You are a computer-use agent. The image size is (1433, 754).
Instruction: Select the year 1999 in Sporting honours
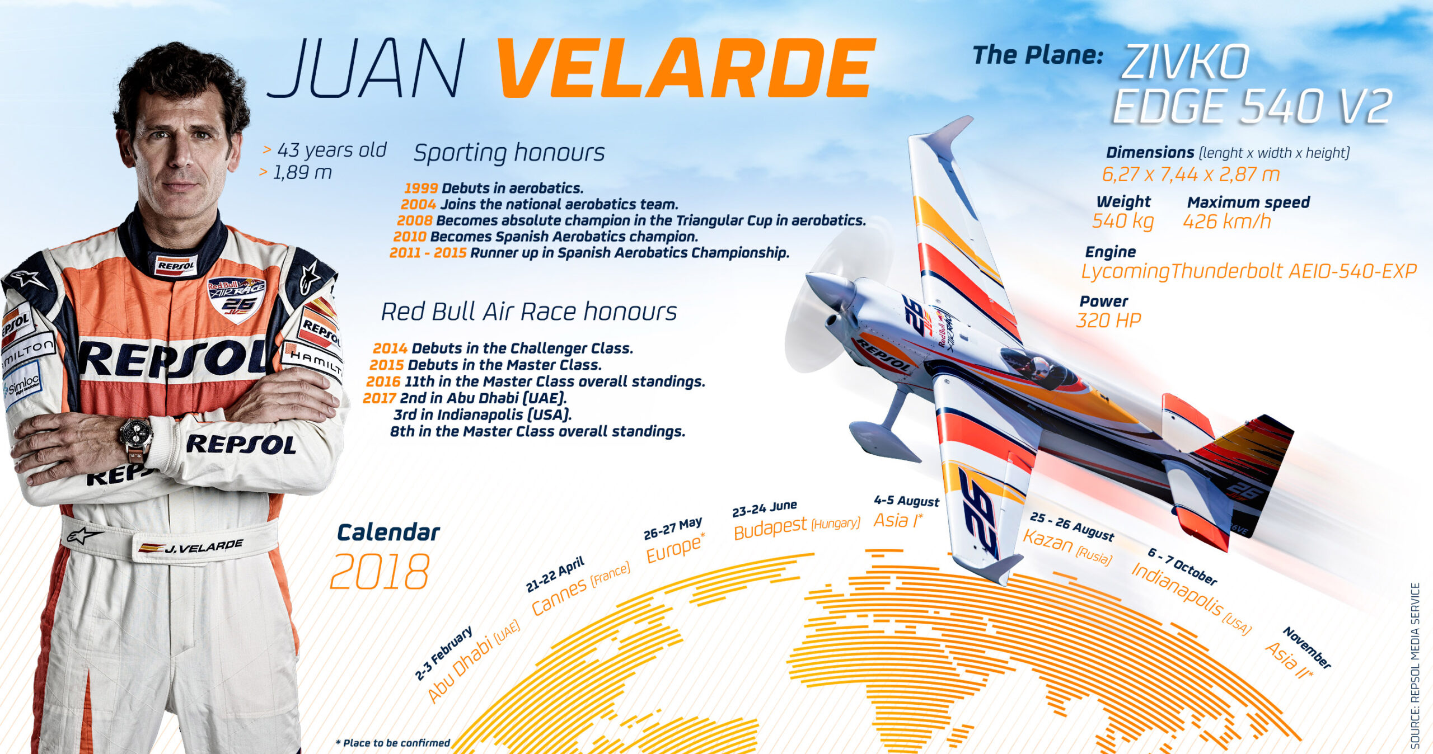pos(421,188)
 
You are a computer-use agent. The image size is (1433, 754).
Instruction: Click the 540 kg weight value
pos(1123,221)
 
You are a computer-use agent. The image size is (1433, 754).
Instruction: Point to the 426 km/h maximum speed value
pos(1226,222)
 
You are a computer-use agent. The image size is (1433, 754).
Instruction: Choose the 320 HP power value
pos(1108,321)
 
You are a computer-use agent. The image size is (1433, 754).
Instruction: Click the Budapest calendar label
pos(770,528)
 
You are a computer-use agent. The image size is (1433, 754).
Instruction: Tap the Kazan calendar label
pos(1048,541)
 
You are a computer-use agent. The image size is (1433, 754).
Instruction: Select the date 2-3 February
pos(444,653)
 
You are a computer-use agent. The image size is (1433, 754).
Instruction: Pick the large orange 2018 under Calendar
pos(380,572)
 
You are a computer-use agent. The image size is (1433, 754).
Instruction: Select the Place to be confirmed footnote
pos(393,743)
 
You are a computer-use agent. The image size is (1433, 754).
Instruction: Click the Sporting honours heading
pos(509,153)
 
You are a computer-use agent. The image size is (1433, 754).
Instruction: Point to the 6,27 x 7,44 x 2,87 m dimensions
pos(1191,175)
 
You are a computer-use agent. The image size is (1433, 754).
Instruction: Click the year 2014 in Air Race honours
pos(390,348)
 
